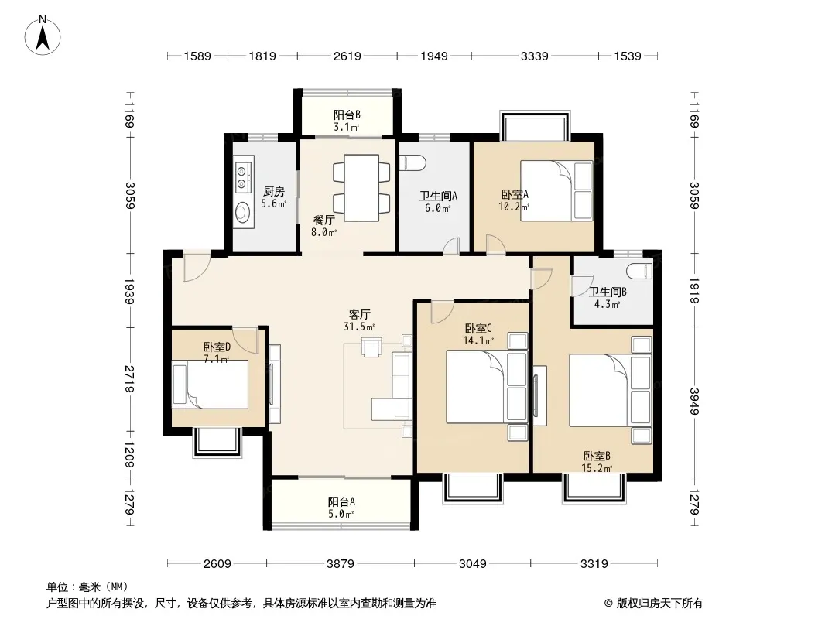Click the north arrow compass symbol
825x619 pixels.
pyautogui.click(x=43, y=36)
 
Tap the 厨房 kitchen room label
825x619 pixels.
pyautogui.click(x=274, y=191)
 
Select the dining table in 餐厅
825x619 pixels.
pyautogui.click(x=361, y=188)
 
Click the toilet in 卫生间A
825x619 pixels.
pyautogui.click(x=412, y=163)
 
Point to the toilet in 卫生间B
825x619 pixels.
pyautogui.click(x=640, y=271)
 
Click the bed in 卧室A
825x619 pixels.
pyautogui.click(x=556, y=190)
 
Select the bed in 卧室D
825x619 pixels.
pyautogui.click(x=211, y=385)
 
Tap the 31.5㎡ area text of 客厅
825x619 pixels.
pyautogui.click(x=359, y=327)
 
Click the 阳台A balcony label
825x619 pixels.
pyautogui.click(x=341, y=501)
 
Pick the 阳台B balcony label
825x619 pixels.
pyautogui.click(x=347, y=115)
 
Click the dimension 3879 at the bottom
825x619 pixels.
pyautogui.click(x=341, y=564)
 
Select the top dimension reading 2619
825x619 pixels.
pyautogui.click(x=347, y=56)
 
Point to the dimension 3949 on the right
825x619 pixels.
pyautogui.click(x=694, y=402)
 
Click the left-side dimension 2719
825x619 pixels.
pyautogui.click(x=129, y=378)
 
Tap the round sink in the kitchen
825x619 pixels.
pyautogui.click(x=242, y=213)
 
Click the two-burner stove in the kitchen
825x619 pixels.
pyautogui.click(x=242, y=176)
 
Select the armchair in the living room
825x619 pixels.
pyautogui.click(x=371, y=347)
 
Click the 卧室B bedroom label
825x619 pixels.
pyautogui.click(x=597, y=456)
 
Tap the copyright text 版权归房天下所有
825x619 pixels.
pyautogui.click(x=659, y=604)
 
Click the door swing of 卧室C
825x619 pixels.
pyautogui.click(x=442, y=312)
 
